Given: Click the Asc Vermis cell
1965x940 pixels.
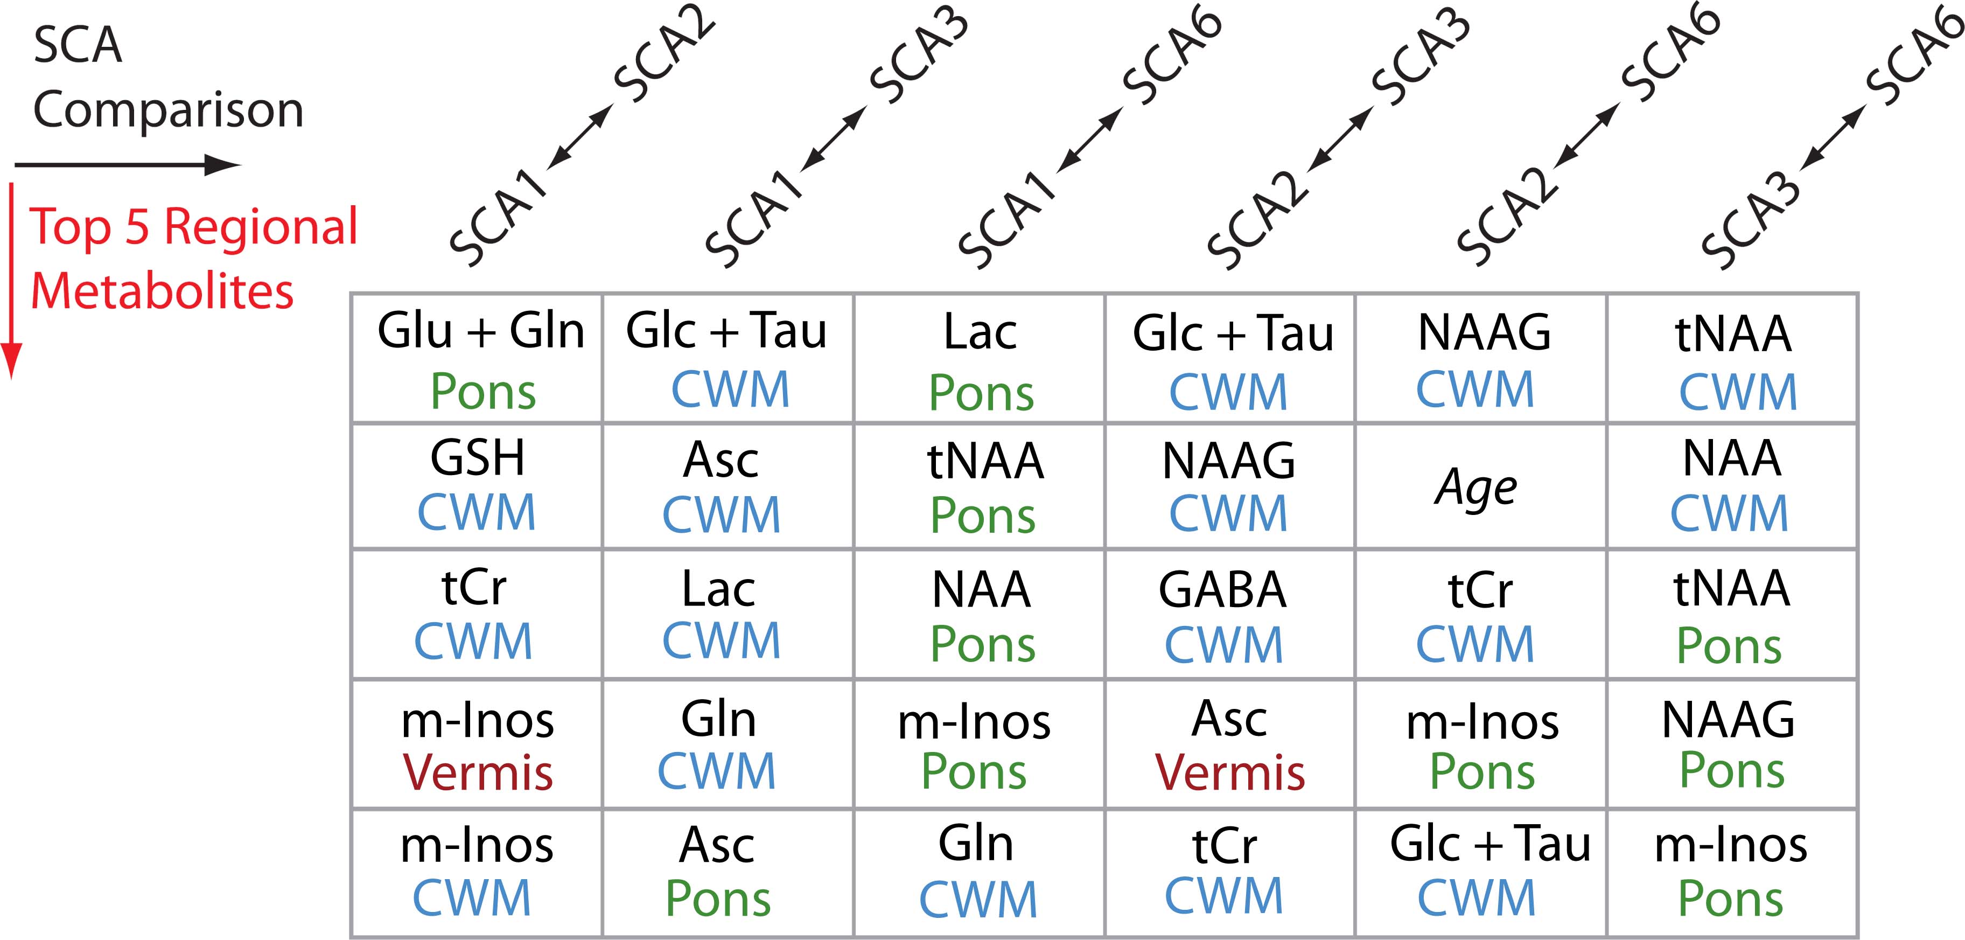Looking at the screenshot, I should coord(1229,744).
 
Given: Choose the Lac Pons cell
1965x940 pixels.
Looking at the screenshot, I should coord(980,359).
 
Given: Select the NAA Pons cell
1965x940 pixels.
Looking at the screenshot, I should coord(981,615).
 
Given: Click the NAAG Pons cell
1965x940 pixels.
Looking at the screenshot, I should coord(1730,744).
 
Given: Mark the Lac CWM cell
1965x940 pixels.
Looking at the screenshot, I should coord(720,615).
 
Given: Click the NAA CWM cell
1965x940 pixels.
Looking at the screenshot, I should coord(1730,485).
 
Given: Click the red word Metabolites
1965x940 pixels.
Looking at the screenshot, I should coord(162,291).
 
